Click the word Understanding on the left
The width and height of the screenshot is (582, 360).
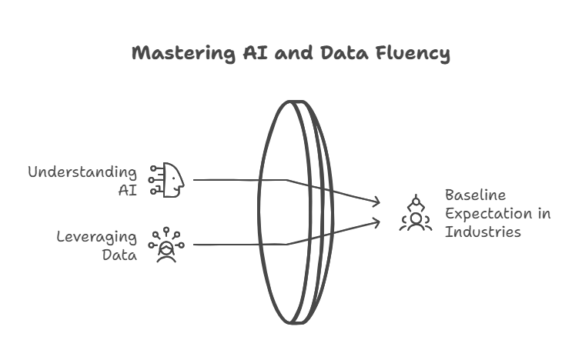pos(82,172)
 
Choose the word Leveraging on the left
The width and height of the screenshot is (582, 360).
pos(96,237)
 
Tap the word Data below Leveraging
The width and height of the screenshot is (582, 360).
pos(119,255)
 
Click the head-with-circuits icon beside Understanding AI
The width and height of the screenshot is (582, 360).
pos(167,180)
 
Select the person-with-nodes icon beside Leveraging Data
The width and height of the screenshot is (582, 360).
pos(166,245)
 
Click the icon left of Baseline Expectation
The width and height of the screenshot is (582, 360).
pos(415,213)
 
